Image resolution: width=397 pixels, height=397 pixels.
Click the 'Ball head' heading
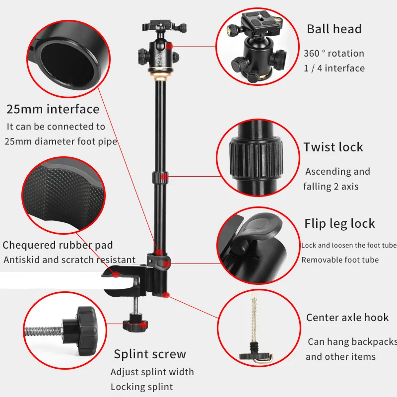pyautogui.click(x=334, y=29)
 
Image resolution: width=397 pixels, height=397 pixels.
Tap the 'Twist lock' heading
pyautogui.click(x=333, y=147)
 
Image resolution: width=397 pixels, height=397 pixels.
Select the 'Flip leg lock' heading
pyautogui.click(x=339, y=224)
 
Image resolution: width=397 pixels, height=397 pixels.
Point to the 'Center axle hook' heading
pyautogui.click(x=347, y=318)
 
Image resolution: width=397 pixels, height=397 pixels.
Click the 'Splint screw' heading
pyautogui.click(x=150, y=354)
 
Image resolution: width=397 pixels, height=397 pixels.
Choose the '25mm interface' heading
pyautogui.click(x=53, y=109)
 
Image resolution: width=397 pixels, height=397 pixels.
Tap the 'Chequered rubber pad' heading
pyautogui.click(x=58, y=245)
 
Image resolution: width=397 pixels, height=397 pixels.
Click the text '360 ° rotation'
pyautogui.click(x=334, y=54)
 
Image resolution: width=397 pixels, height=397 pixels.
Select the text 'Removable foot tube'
pyautogui.click(x=340, y=260)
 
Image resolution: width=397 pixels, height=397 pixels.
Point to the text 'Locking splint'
pyautogui.click(x=142, y=387)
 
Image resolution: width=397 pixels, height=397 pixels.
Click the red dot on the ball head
pyautogui.click(x=170, y=46)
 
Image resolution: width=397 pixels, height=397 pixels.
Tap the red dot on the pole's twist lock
pyautogui.click(x=165, y=176)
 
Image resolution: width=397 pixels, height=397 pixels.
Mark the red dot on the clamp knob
pyautogui.click(x=144, y=325)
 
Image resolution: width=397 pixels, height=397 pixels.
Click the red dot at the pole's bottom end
pyautogui.click(x=166, y=295)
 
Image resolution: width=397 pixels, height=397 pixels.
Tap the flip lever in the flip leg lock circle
pyautogui.click(x=261, y=226)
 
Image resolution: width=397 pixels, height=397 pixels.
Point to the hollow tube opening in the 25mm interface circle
pyautogui.click(x=67, y=65)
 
